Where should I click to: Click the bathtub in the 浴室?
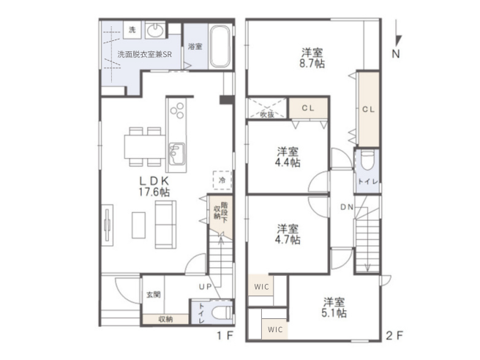pyautogui.click(x=220, y=46)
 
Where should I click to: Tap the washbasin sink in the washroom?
pyautogui.click(x=155, y=30)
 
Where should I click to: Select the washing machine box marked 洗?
pyautogui.click(x=132, y=30)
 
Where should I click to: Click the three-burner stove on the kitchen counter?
pyautogui.click(x=176, y=110)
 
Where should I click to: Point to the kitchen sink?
pyautogui.click(x=176, y=154)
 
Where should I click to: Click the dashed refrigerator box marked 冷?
pyautogui.click(x=222, y=180)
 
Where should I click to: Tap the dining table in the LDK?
pyautogui.click(x=145, y=146)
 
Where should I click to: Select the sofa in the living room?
pyautogui.click(x=165, y=225)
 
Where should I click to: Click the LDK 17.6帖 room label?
pyautogui.click(x=154, y=187)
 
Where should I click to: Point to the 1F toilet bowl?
pyautogui.click(x=222, y=312)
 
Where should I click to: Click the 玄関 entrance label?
pyautogui.click(x=154, y=295)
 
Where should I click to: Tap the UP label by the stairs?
pyautogui.click(x=205, y=287)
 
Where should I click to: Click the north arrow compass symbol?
pyautogui.click(x=397, y=39)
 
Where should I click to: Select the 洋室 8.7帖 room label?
pyautogui.click(x=312, y=58)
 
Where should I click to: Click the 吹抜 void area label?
pyautogui.click(x=267, y=114)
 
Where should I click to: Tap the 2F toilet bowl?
pyautogui.click(x=367, y=160)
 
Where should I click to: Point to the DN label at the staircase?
pyautogui.click(x=347, y=207)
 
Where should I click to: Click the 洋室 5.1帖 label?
pyautogui.click(x=334, y=307)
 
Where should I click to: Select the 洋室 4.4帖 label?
pyautogui.click(x=288, y=157)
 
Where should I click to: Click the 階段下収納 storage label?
pyautogui.click(x=221, y=210)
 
